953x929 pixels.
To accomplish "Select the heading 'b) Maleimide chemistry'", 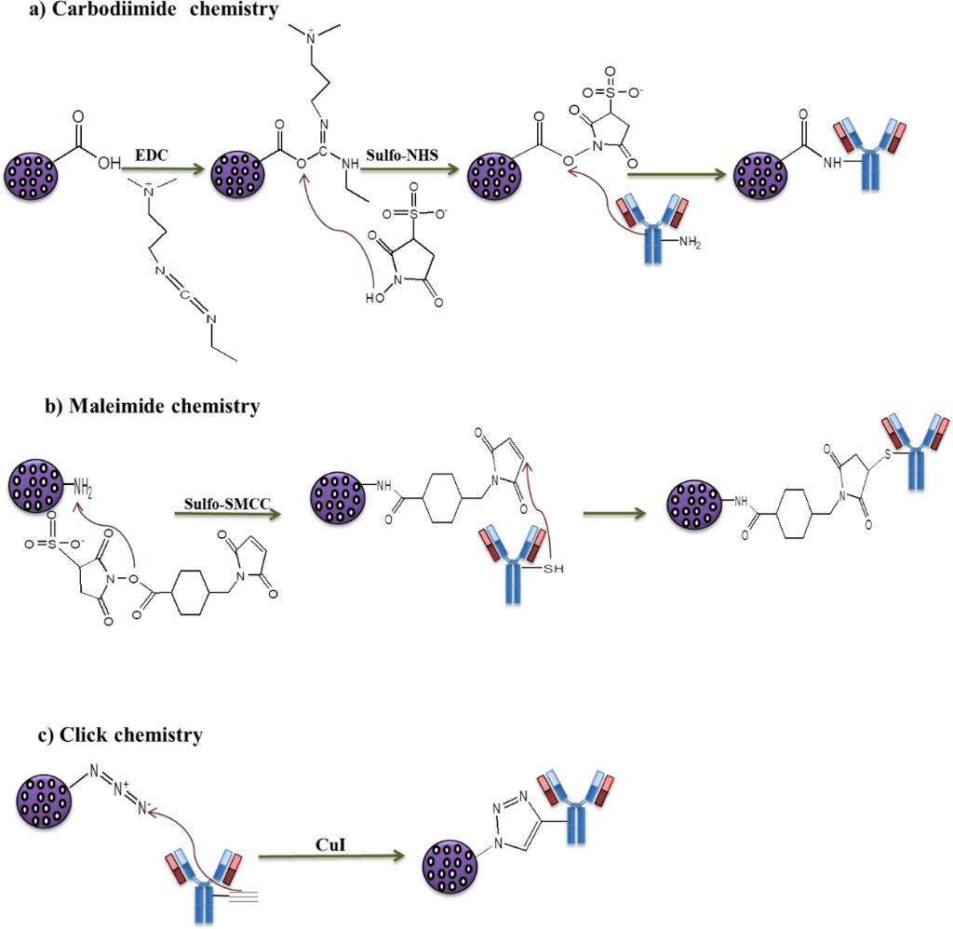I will (x=152, y=407).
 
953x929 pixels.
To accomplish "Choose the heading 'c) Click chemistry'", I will (x=121, y=735).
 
